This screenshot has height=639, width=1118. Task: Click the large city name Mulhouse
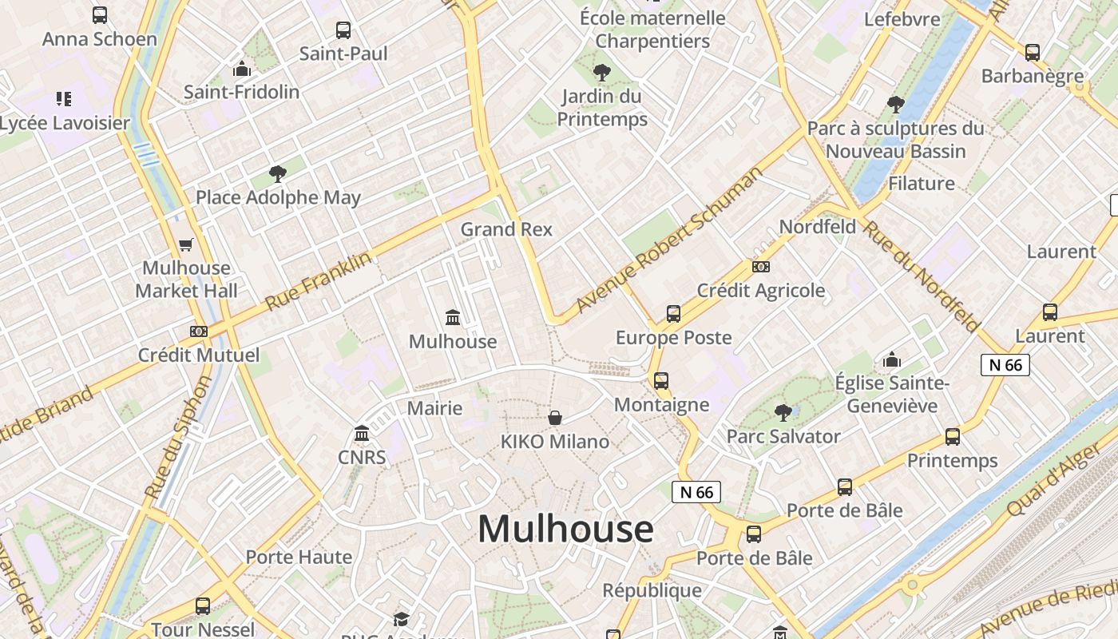565,529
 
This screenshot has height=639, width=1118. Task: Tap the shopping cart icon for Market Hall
186,244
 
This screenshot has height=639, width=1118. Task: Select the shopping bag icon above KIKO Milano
555,418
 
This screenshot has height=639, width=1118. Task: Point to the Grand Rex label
506,229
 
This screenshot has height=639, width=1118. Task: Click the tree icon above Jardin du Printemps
601,73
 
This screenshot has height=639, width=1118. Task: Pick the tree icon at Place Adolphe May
278,173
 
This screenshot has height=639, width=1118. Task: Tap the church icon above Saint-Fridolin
241,69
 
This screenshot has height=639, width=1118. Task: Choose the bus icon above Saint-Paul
343,30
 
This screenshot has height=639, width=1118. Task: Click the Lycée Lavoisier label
64,123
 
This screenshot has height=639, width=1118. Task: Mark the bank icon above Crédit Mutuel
199,331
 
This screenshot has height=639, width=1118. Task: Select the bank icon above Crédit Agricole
760,266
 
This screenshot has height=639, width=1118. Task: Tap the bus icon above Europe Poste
673,314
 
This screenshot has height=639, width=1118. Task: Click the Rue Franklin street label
318,280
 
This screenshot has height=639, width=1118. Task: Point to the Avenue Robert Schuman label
669,240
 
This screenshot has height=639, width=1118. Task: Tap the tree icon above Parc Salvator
783,412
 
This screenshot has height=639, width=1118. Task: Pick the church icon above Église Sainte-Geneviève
892,359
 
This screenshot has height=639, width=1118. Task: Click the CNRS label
362,458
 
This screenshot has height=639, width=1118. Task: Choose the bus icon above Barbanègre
1033,53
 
